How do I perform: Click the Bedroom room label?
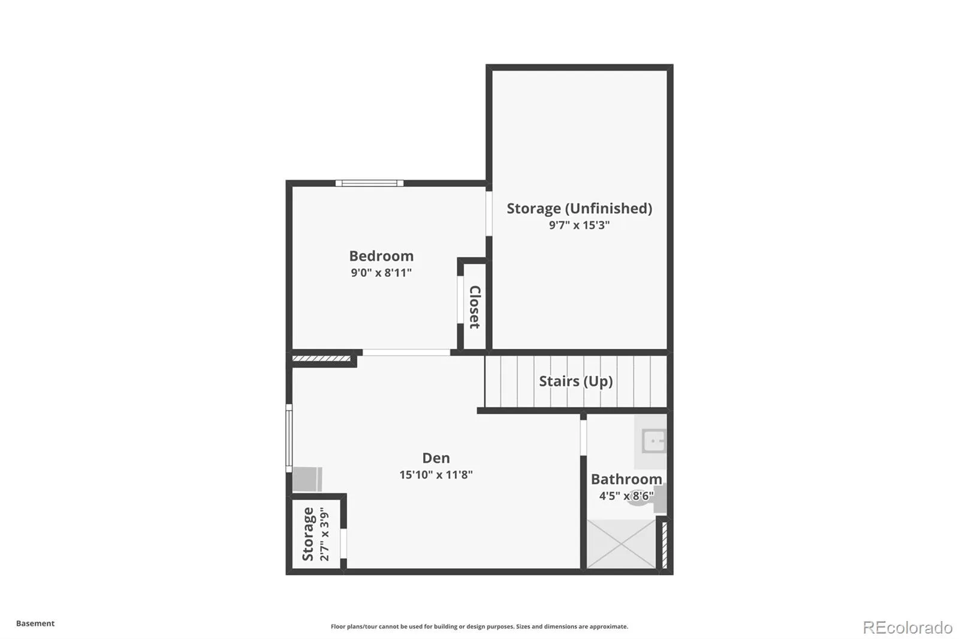point(381,256)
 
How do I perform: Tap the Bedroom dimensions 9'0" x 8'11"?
point(381,272)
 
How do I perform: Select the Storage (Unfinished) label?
point(579,208)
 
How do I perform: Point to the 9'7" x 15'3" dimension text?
point(579,225)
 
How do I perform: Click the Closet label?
point(475,307)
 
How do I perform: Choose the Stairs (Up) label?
point(576,381)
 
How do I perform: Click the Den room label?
point(436,458)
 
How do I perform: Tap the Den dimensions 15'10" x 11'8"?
point(436,475)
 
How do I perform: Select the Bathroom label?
point(626,479)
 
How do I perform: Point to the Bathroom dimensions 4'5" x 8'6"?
point(626,496)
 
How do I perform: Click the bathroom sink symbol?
point(654,441)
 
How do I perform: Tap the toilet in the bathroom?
point(647,498)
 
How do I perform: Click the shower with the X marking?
point(621,544)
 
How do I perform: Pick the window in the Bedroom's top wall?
point(369,183)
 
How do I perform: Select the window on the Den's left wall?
point(289,438)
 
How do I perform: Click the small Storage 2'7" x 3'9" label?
point(315,533)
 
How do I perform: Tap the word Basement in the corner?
point(35,623)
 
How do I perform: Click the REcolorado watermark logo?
point(907,628)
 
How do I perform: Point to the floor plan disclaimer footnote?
point(479,626)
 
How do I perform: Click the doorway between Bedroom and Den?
point(406,352)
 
